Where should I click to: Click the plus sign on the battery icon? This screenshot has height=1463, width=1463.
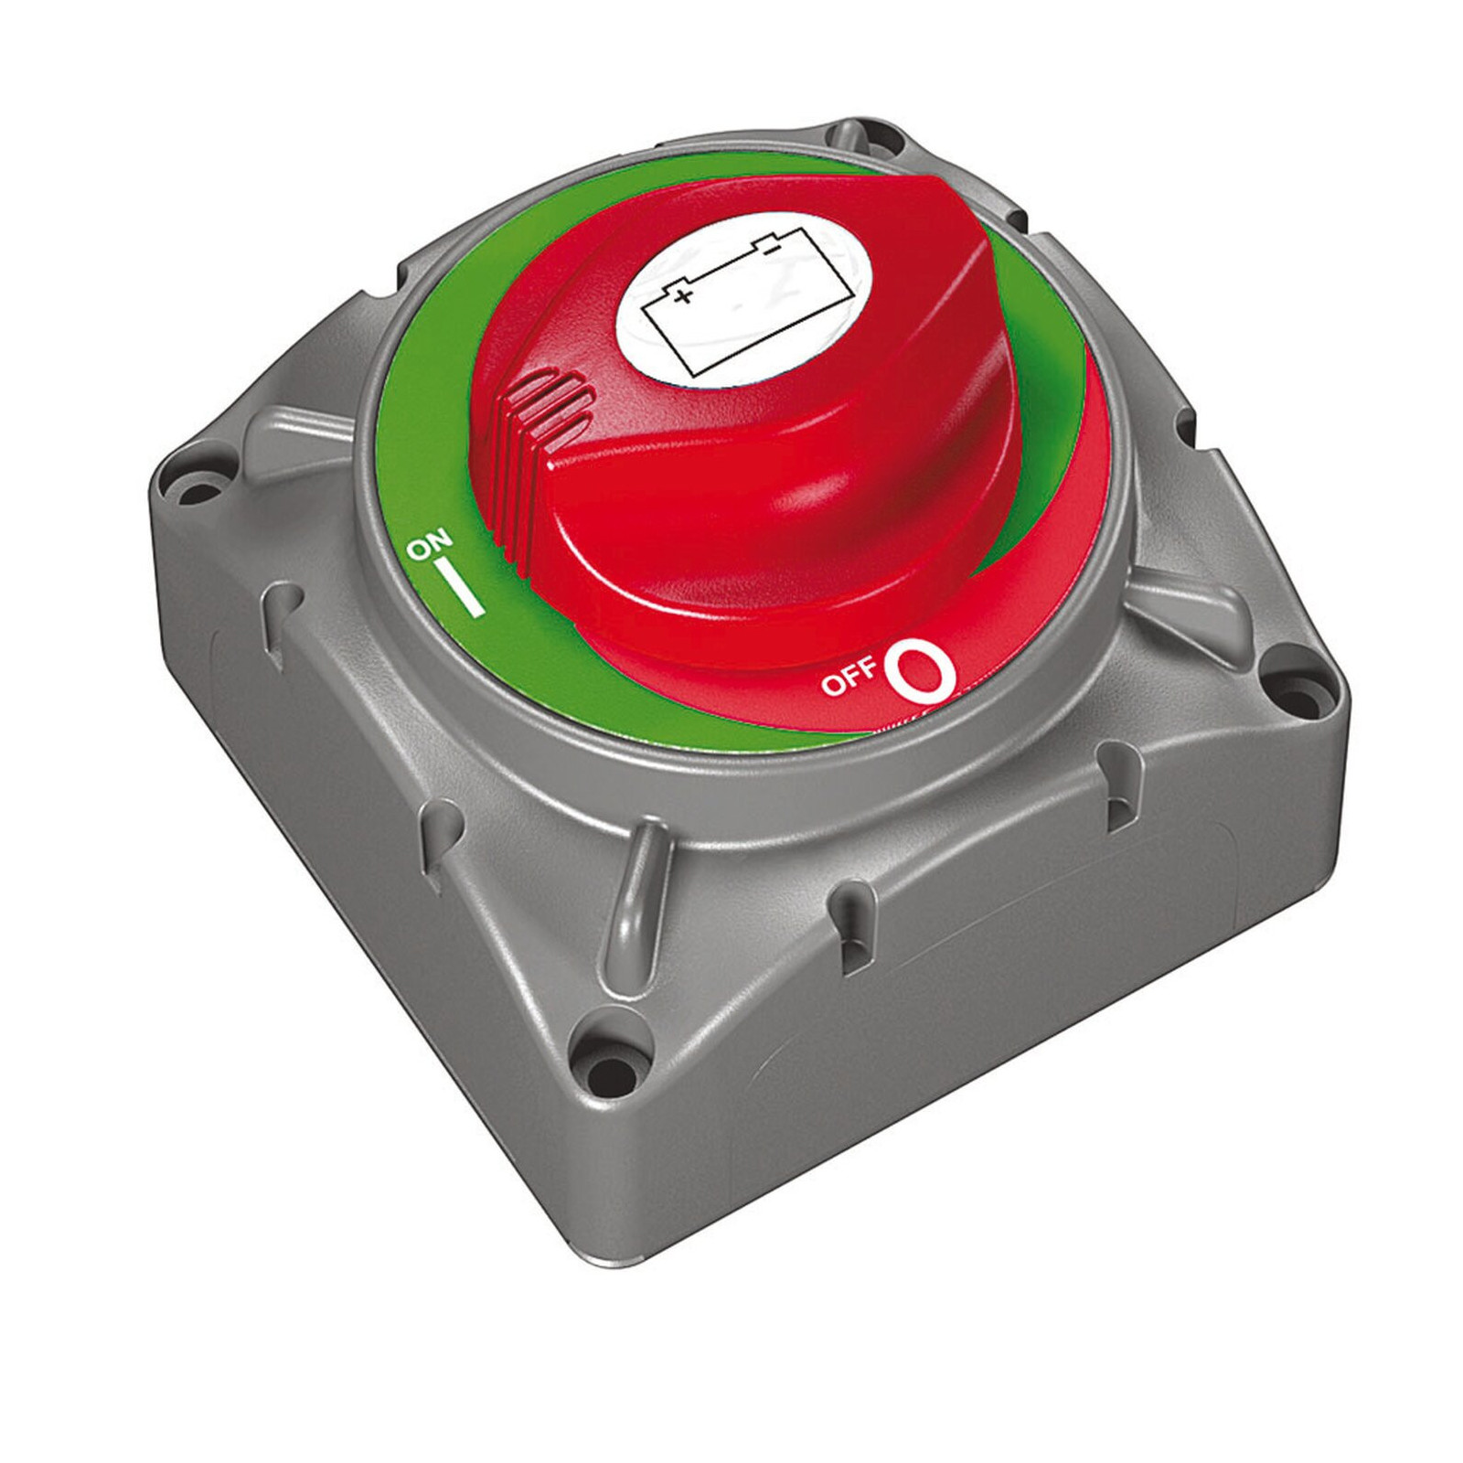click(x=680, y=295)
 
